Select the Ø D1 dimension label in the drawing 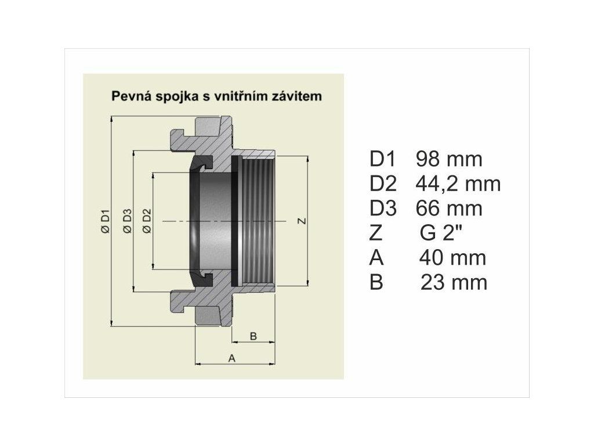(x=105, y=221)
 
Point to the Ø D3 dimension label (x=128, y=221)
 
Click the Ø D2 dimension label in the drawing (x=147, y=221)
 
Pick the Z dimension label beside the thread (x=301, y=221)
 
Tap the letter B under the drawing (x=253, y=336)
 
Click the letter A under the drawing (x=232, y=358)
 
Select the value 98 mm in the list (x=449, y=159)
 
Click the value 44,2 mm (x=458, y=184)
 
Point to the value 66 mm (x=449, y=208)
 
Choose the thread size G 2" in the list (x=441, y=233)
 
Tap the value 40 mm (x=452, y=258)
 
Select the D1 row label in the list (x=382, y=159)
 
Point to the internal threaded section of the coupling (x=259, y=221)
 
